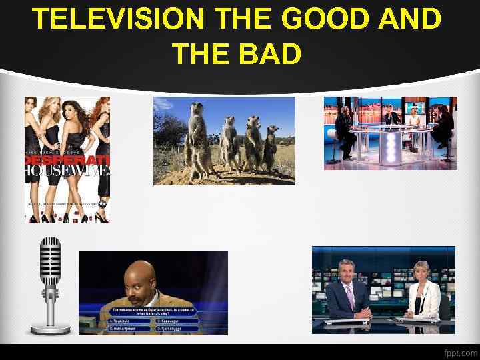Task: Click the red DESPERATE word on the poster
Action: [67, 162]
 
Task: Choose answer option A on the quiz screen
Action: [127, 321]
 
